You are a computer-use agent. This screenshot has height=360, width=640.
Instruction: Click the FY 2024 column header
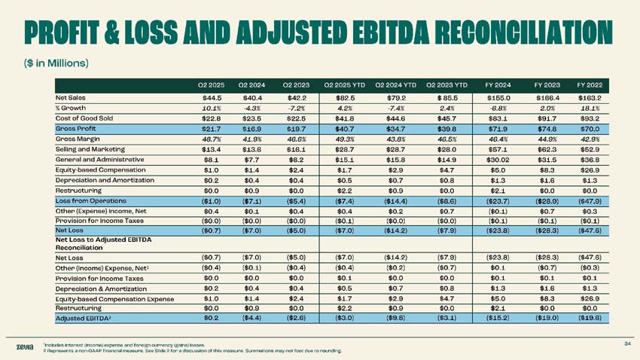pyautogui.click(x=498, y=85)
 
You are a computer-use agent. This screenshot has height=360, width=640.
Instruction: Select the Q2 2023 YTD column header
pyautogui.click(x=446, y=85)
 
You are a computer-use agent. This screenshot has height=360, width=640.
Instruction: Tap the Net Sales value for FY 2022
pyautogui.click(x=590, y=98)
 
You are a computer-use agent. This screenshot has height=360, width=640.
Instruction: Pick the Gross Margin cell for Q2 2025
pyautogui.click(x=212, y=139)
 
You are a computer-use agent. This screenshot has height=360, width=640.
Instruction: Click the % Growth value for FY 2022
pyautogui.click(x=590, y=108)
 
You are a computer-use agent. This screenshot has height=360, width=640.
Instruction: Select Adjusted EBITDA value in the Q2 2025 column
pyautogui.click(x=211, y=319)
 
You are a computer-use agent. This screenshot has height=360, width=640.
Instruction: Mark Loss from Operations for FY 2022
pyautogui.click(x=590, y=201)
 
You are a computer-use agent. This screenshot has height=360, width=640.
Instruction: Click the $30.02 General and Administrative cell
pyautogui.click(x=498, y=160)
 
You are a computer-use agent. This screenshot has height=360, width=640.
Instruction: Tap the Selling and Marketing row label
pyautogui.click(x=90, y=149)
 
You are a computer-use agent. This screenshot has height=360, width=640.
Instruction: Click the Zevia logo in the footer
pyautogui.click(x=25, y=347)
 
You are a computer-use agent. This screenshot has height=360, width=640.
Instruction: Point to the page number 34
pyautogui.click(x=628, y=343)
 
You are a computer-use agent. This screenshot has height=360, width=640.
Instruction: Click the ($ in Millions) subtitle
pyautogui.click(x=56, y=63)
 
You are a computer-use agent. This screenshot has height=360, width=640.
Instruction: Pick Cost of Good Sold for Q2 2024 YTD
pyautogui.click(x=395, y=118)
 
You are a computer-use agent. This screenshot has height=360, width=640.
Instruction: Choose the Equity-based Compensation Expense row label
pyautogui.click(x=114, y=299)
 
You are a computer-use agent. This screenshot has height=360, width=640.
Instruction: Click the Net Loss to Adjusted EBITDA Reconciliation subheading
pyautogui.click(x=103, y=244)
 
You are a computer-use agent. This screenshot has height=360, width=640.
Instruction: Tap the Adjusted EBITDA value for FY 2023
pyautogui.click(x=547, y=319)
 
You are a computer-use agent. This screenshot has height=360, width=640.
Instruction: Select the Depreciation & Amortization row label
pyautogui.click(x=101, y=289)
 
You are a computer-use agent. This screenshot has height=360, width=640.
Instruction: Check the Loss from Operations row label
pyautogui.click(x=90, y=201)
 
